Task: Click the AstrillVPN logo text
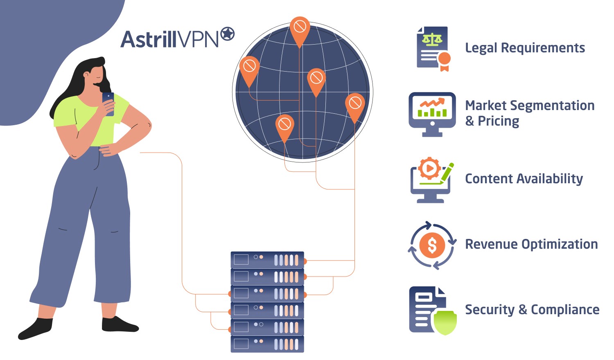point(170,40)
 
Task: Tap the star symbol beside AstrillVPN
point(228,34)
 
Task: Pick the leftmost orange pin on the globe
point(249,67)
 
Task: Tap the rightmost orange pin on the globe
point(355,103)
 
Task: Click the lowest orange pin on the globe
point(284,124)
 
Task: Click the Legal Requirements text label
point(525,48)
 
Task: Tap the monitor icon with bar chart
point(432,113)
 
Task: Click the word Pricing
point(499,121)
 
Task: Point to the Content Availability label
point(524,179)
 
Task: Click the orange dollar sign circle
point(432,245)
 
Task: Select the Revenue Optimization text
point(531,244)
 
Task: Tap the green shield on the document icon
point(445,322)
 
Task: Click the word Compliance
point(565,310)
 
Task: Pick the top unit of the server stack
point(267,260)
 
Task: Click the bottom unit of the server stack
point(267,344)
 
